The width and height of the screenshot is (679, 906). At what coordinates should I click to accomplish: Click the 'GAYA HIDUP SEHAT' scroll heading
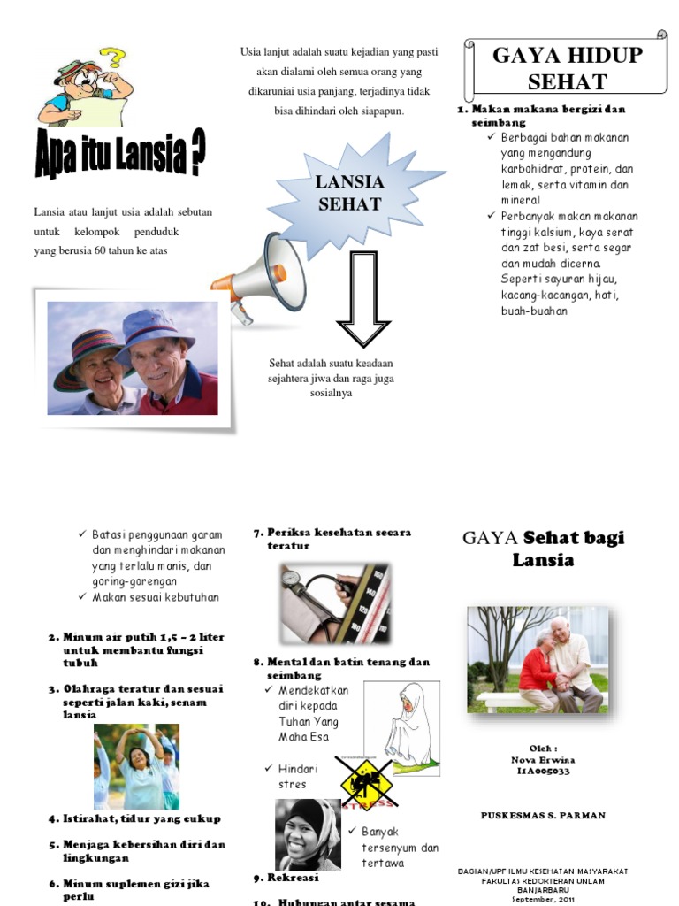567,69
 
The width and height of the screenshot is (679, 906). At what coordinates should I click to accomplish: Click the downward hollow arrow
364,298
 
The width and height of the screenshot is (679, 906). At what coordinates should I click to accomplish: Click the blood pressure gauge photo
334,603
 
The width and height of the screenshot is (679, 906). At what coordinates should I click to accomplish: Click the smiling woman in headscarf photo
307,834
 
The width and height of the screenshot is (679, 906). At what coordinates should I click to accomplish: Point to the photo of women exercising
136,766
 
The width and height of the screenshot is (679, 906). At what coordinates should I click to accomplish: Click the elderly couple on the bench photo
538,660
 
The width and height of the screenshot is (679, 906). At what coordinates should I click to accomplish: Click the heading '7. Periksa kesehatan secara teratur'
332,539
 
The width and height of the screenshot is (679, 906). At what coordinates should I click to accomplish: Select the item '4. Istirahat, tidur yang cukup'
134,818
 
